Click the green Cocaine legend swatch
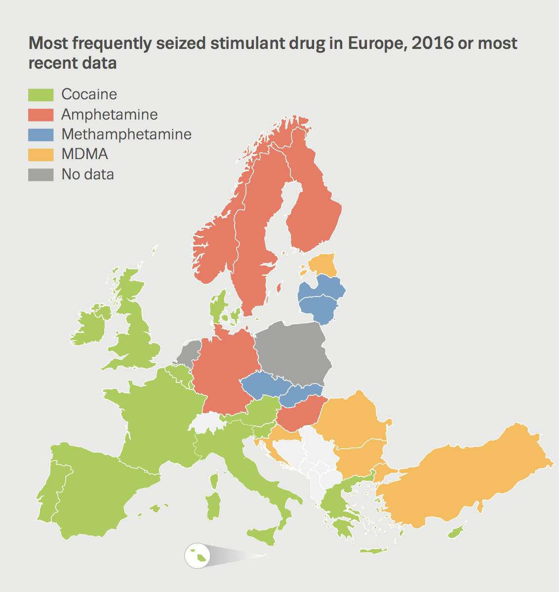(40, 94)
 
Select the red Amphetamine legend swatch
(40, 115)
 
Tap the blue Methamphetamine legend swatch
(40, 134)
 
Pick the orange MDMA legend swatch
(40, 154)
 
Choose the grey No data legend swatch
(40, 174)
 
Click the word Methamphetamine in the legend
(126, 134)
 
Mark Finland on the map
(314, 208)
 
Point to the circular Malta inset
(197, 556)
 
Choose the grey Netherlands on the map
(189, 352)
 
